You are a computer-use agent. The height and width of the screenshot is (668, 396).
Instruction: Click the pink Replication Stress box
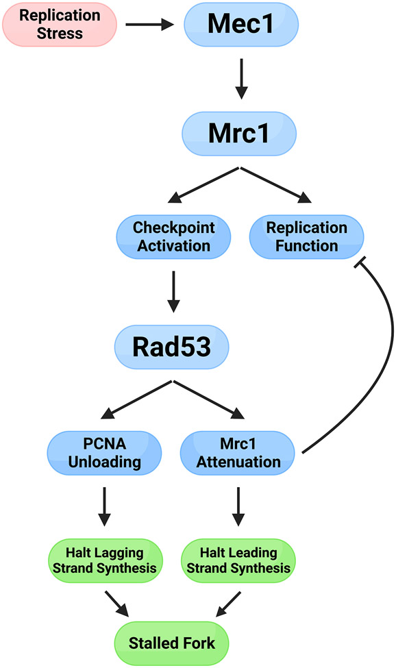(x=60, y=24)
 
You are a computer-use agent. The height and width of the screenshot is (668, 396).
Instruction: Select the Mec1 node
(x=241, y=24)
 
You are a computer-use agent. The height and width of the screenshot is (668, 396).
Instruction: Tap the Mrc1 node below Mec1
(x=239, y=134)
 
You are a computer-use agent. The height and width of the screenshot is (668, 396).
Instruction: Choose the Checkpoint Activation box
(x=174, y=237)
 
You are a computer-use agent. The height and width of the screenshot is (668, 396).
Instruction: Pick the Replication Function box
(x=306, y=237)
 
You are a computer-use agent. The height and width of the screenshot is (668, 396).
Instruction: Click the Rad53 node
(x=171, y=347)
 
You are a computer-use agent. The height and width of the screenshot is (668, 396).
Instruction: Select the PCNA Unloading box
(x=104, y=453)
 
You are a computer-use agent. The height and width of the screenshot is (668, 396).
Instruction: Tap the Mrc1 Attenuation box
(x=238, y=453)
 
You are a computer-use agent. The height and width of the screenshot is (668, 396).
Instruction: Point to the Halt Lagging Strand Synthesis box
(x=105, y=560)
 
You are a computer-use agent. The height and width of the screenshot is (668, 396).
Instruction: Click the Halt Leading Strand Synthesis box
(x=238, y=560)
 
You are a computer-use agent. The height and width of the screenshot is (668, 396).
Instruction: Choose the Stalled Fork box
(x=171, y=643)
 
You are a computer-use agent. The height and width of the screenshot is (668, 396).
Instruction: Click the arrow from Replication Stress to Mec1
(x=150, y=25)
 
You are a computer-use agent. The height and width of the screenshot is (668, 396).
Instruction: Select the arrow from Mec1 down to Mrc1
(x=241, y=79)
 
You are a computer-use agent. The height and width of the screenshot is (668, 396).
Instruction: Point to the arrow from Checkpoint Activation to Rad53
(x=173, y=292)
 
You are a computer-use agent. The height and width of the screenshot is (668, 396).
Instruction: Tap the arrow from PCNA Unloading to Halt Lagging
(x=104, y=506)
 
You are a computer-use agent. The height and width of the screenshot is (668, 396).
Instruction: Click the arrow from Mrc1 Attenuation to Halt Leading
(x=238, y=506)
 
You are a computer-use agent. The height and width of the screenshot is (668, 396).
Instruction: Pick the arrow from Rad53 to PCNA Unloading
(x=136, y=399)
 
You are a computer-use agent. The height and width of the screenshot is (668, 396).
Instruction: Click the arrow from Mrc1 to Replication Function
(x=276, y=185)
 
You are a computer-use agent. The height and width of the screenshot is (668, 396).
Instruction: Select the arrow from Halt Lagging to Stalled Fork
(x=116, y=604)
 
